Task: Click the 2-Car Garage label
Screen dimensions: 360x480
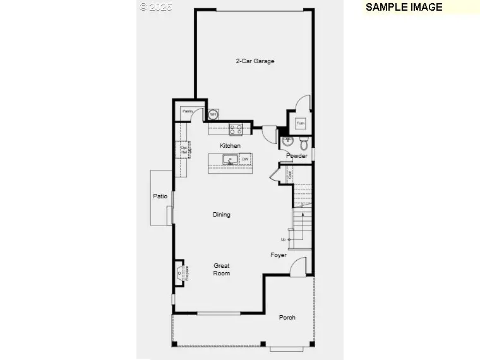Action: point(255,61)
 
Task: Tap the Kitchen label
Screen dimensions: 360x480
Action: point(230,146)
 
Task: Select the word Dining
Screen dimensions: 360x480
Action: point(221,215)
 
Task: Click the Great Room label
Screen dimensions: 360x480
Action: point(221,270)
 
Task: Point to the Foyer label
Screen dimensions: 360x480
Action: point(279,255)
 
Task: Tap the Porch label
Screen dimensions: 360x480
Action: point(287,317)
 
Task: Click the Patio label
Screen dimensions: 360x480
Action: point(160,196)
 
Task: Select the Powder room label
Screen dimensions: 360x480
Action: point(297,156)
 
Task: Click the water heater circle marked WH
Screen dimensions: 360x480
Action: point(213,114)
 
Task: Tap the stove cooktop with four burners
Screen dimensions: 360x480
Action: point(236,129)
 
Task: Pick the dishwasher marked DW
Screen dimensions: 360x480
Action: point(244,159)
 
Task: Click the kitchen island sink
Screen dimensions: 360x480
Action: point(230,159)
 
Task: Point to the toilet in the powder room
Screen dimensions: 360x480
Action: point(303,141)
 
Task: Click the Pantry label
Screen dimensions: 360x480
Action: point(188,111)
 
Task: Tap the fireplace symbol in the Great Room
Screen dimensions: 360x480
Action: point(183,273)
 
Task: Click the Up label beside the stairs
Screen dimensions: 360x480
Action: point(284,239)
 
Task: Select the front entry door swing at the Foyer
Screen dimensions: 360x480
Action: point(298,267)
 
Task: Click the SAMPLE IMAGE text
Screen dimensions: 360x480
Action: point(404,8)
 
